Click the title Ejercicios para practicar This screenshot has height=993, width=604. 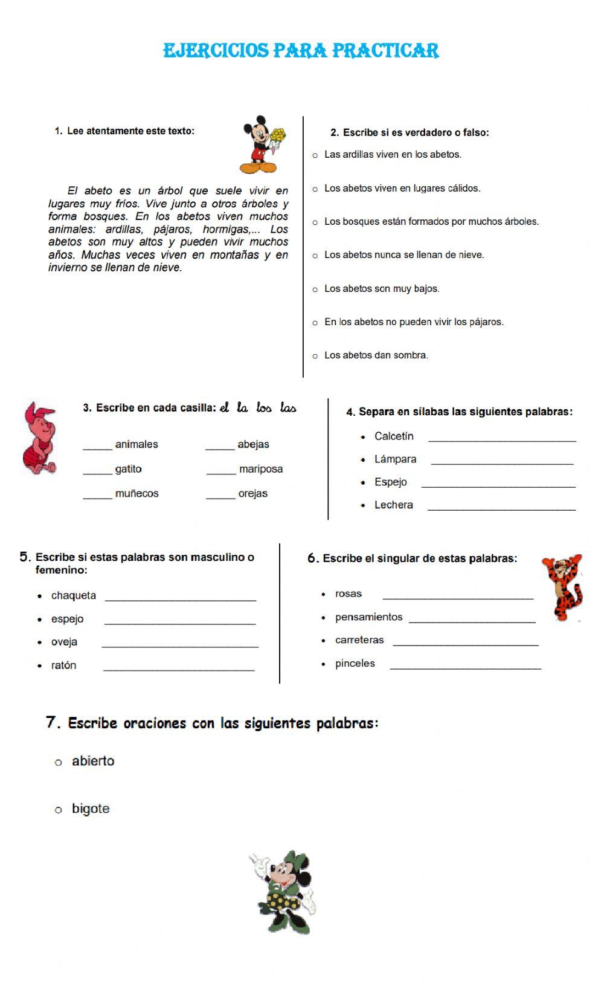click(x=301, y=50)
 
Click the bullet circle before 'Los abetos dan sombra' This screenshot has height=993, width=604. click(x=315, y=356)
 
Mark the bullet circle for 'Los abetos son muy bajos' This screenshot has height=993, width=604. click(x=315, y=289)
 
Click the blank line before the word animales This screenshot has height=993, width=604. click(x=97, y=448)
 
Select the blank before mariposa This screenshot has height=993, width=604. click(x=220, y=473)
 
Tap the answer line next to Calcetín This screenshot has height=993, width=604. click(x=501, y=441)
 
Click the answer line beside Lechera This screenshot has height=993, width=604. click(x=501, y=509)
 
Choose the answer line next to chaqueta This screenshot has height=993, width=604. click(x=181, y=600)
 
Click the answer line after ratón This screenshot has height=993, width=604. click(x=179, y=669)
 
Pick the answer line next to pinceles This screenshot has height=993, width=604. click(x=465, y=668)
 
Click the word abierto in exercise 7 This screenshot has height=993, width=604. click(x=93, y=761)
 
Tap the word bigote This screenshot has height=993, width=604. click(x=91, y=809)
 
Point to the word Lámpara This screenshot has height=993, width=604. click(x=395, y=459)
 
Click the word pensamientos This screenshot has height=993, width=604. click(x=368, y=617)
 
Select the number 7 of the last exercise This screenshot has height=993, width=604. click(x=52, y=722)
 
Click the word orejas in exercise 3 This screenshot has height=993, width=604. click(x=252, y=494)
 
